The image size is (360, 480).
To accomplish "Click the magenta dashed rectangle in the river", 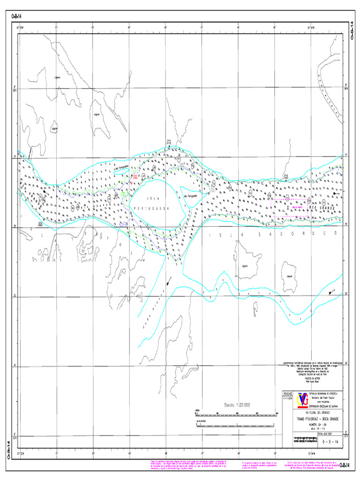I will coord(290,207).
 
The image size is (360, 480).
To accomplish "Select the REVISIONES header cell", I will coord(287,393).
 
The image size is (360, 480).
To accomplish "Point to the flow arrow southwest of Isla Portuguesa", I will coord(168,281).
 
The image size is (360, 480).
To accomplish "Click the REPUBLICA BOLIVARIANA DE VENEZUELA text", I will coord(324,393).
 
